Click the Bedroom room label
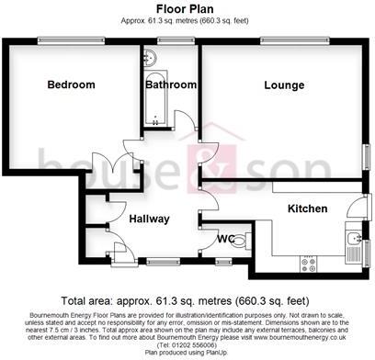point(71,84)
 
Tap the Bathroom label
point(171,84)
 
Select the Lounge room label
point(284,85)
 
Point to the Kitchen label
point(307,208)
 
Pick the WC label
point(224,240)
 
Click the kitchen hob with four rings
point(308,261)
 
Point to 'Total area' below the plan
point(89,300)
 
